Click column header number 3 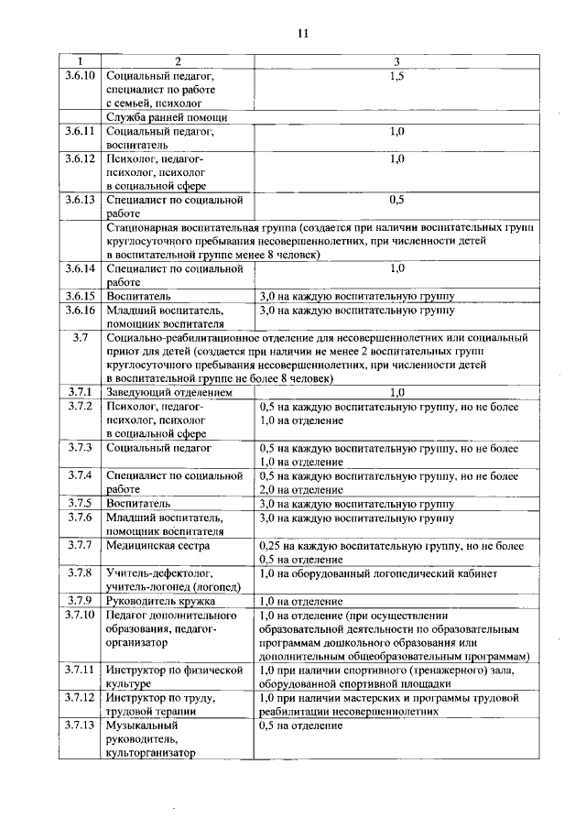click(396, 61)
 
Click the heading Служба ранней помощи click(166, 117)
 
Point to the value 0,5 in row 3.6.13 click(396, 199)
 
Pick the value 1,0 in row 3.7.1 click(396, 392)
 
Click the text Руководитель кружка click(160, 601)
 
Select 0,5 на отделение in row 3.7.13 click(302, 725)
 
